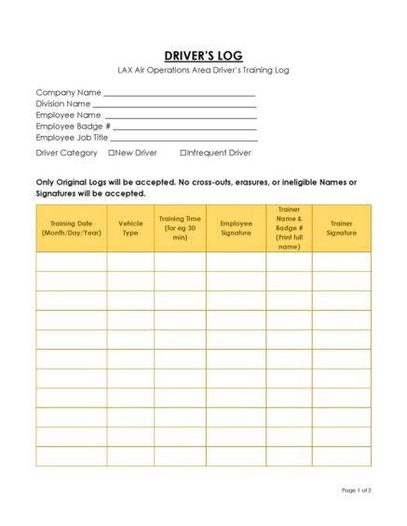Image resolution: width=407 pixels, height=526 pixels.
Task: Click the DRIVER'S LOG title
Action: pos(203,56)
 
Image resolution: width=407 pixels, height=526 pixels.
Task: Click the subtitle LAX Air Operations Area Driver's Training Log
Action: pos(203,71)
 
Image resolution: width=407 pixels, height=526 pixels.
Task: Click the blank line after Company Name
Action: pos(179,95)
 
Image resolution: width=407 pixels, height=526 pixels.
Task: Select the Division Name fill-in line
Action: pos(174,106)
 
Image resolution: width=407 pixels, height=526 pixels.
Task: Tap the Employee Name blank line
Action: pos(181,117)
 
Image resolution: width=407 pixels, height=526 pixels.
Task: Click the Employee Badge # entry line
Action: pos(184,128)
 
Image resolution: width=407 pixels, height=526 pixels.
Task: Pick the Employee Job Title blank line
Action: pos(183,140)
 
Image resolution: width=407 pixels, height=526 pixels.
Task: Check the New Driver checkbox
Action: pos(112,153)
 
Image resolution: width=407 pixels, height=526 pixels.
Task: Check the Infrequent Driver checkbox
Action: pos(183,153)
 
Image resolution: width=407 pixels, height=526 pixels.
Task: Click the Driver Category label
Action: pos(66,153)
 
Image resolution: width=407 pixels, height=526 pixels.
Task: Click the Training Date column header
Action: pos(71,228)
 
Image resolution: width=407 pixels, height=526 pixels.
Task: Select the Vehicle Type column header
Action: pos(130,228)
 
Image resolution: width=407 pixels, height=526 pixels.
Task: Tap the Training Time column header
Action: pos(180,228)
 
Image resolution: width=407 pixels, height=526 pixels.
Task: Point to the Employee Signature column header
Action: pos(236,228)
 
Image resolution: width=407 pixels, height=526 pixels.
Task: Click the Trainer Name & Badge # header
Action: pos(289,228)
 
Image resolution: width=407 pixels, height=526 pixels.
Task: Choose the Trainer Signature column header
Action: pos(341,228)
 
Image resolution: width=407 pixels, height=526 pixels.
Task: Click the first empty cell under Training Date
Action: pos(71,262)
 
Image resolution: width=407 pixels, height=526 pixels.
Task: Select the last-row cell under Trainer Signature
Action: pos(341,456)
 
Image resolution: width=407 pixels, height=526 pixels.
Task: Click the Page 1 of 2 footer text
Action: pos(356,490)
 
